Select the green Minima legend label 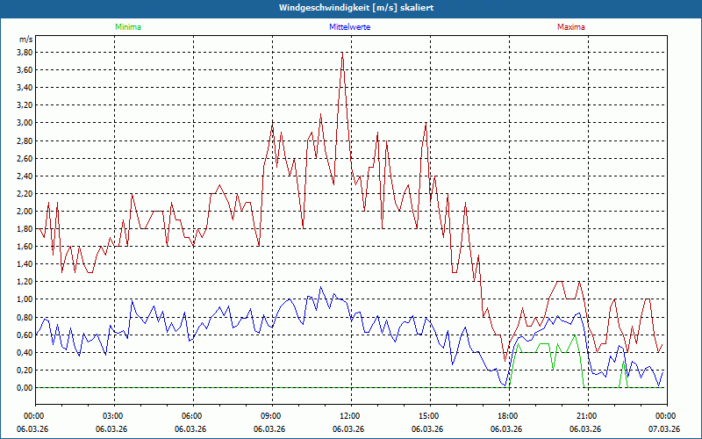[x=127, y=27]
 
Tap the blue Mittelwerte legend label [x=349, y=27]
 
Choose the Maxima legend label [x=570, y=27]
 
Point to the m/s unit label [x=25, y=40]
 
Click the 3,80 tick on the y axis [x=25, y=52]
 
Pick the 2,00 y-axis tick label [x=25, y=211]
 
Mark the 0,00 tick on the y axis [x=25, y=387]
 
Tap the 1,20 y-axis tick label [x=25, y=282]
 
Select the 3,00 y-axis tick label [x=25, y=123]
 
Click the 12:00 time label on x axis [x=349, y=415]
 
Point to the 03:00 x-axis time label [x=112, y=415]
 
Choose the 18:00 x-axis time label [x=507, y=415]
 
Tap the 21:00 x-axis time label [x=586, y=415]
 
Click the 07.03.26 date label [x=664, y=428]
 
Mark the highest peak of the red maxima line [x=342, y=53]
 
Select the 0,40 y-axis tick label [x=25, y=352]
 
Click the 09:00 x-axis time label [x=270, y=415]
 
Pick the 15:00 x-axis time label [x=428, y=415]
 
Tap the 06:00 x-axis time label [x=191, y=415]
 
